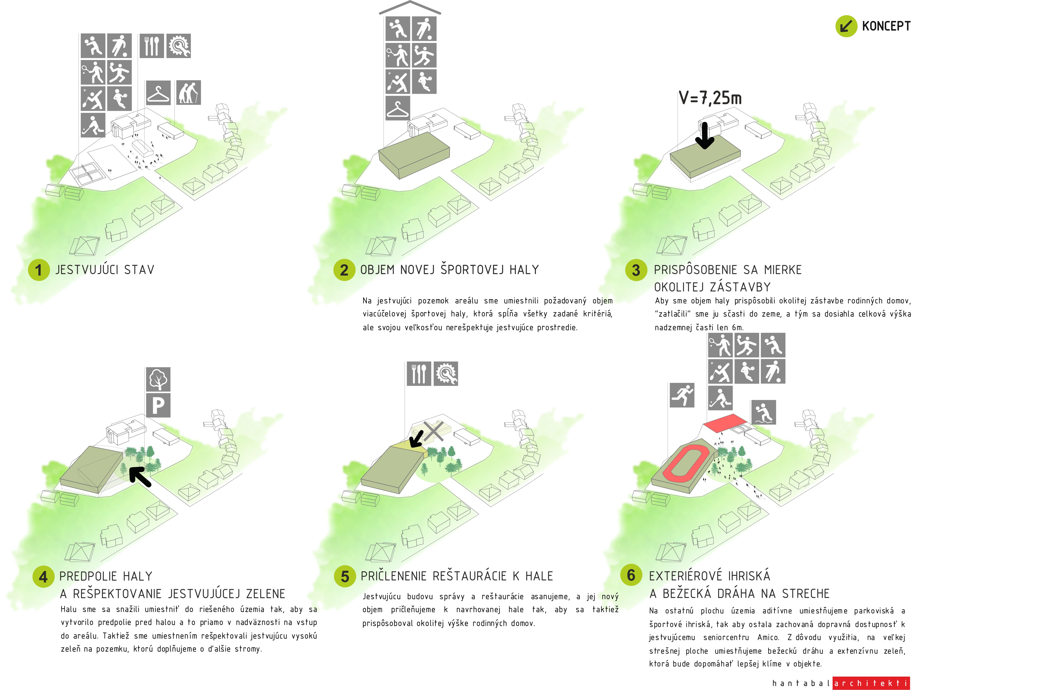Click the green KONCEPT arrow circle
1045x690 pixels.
pyautogui.click(x=846, y=26)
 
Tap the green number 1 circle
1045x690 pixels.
pyautogui.click(x=39, y=270)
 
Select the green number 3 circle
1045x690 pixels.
pyautogui.click(x=636, y=270)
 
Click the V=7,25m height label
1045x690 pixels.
pyautogui.click(x=710, y=98)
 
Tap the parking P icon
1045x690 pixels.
pyautogui.click(x=158, y=405)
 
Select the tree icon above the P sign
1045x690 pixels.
pyautogui.click(x=158, y=379)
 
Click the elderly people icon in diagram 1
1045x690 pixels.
pyautogui.click(x=189, y=92)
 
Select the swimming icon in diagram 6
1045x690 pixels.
pyautogui.click(x=763, y=412)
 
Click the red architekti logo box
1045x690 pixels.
pyautogui.click(x=871, y=683)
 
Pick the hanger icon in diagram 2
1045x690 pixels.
pyautogui.click(x=398, y=108)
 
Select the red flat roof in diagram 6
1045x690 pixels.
pyautogui.click(x=725, y=422)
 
